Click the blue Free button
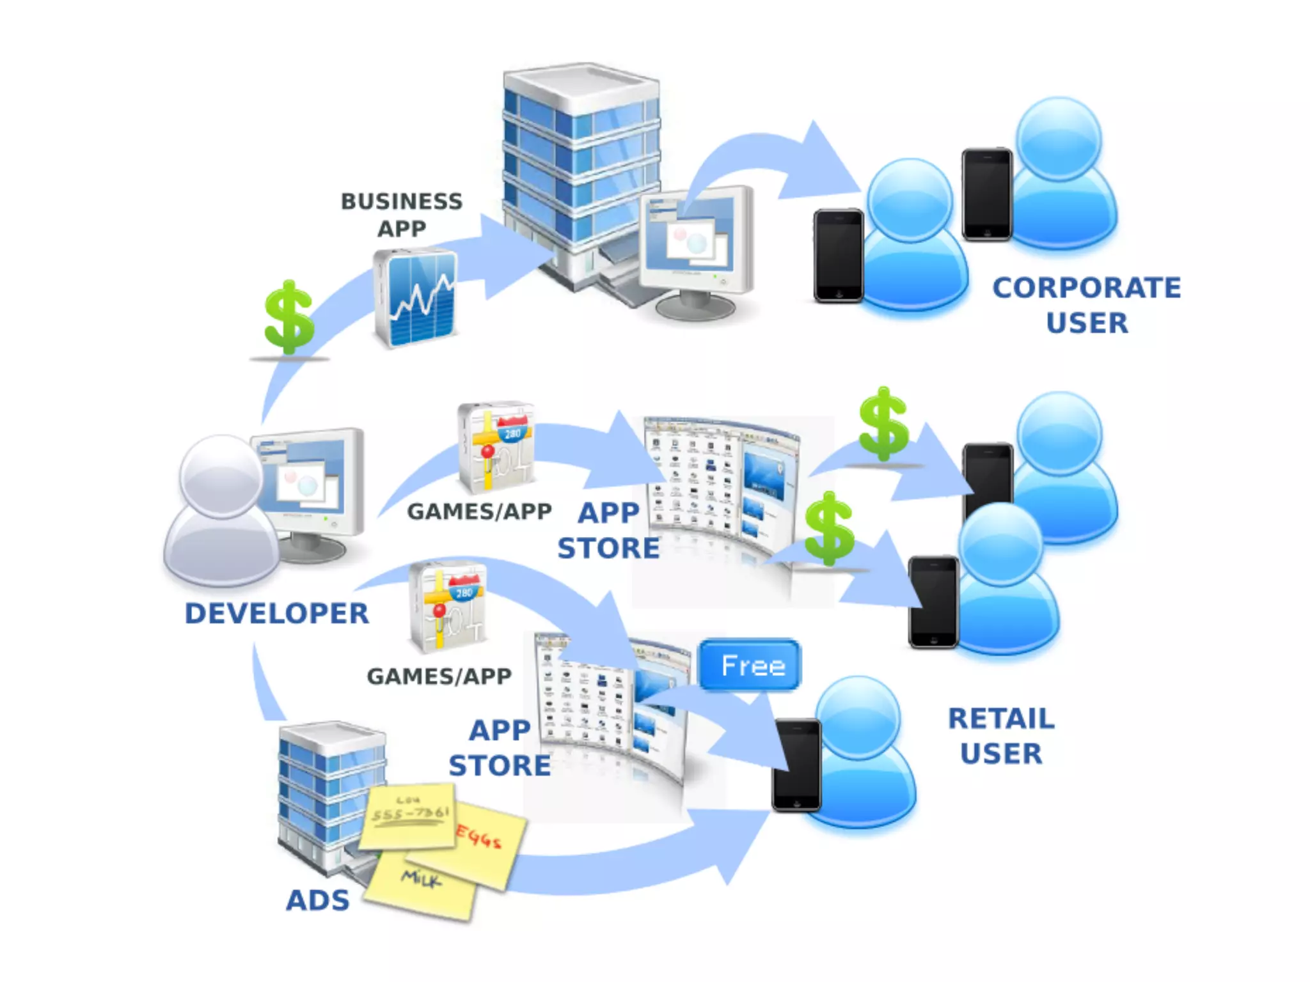pos(750,666)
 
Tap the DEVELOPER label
pos(276,614)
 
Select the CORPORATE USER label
pos(1087,305)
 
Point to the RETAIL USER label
pos(1001,736)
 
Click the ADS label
pos(318,901)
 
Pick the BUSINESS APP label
pos(402,215)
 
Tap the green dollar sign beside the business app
pos(289,318)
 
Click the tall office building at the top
pos(579,173)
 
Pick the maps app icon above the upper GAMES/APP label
pos(496,448)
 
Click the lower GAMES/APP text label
pos(439,676)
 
